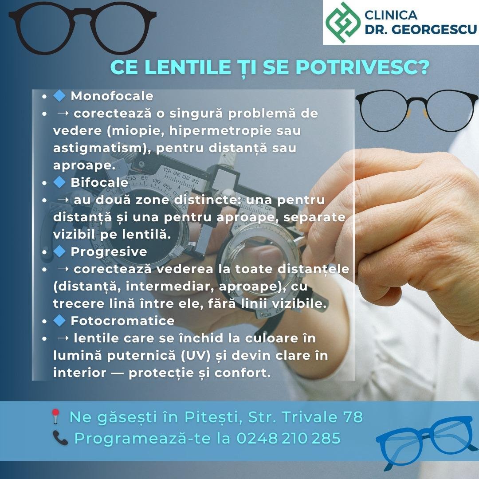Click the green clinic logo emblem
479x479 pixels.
click(x=343, y=22)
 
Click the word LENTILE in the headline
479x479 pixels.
click(x=188, y=67)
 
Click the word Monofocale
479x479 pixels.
click(x=112, y=96)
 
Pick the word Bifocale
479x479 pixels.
click(x=99, y=182)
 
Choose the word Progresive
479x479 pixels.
click(x=109, y=252)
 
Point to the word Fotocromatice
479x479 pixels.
click(x=122, y=321)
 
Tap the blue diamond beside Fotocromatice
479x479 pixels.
click(x=59, y=321)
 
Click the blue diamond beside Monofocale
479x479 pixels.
click(x=59, y=96)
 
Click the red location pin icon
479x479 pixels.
click(x=55, y=416)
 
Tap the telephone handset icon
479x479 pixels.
click(x=60, y=438)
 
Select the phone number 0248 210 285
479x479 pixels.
click(x=288, y=438)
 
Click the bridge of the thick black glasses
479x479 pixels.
click(x=83, y=16)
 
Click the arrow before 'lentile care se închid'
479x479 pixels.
click(x=63, y=338)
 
